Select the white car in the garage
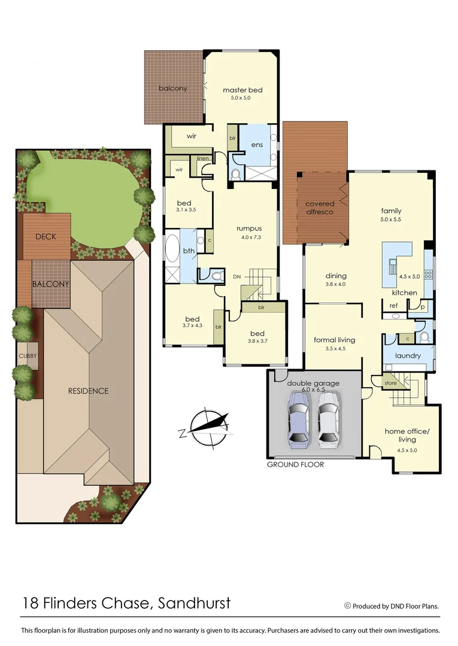point(329,420)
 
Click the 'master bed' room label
point(242,90)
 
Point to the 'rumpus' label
point(248,228)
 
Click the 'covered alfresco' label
point(319,208)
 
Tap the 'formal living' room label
point(334,340)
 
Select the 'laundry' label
point(408,355)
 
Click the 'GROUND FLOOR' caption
point(295,464)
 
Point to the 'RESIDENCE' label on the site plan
point(88,391)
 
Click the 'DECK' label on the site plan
point(46,236)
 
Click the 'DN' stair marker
point(236,277)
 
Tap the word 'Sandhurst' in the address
point(194,603)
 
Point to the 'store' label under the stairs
point(390,383)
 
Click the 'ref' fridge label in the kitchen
point(393,306)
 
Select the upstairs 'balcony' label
point(173,89)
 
